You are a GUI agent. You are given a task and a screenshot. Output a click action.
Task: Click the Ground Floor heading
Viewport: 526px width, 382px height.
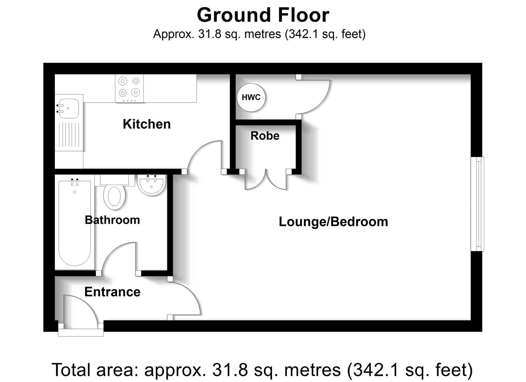263,15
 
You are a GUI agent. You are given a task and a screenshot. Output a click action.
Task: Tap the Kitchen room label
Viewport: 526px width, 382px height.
147,124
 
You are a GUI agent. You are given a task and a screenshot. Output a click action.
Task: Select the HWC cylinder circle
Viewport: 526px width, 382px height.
251,97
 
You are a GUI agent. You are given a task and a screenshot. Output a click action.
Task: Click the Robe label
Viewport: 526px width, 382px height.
265,136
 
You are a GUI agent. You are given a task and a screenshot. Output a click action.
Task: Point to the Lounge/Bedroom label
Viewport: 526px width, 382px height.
333,222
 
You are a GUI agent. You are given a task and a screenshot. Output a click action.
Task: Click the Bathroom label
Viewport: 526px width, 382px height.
112,220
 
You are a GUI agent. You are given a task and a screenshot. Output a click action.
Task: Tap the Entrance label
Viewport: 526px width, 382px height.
112,292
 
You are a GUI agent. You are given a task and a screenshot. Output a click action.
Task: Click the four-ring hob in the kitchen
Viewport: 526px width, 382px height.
129,88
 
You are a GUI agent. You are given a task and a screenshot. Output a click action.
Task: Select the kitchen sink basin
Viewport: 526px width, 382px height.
69,108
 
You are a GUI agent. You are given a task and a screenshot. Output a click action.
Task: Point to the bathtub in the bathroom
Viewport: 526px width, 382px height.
75,223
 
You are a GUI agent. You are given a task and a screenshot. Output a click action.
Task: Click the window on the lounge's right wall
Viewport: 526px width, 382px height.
477,204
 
